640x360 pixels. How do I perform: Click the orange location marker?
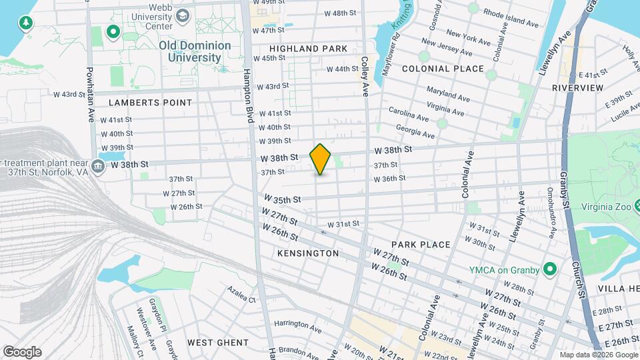320,159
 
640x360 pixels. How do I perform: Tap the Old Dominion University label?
195,51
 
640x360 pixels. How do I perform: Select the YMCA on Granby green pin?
550,269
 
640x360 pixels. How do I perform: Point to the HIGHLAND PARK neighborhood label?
309,49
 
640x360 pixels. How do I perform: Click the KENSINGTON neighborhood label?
308,253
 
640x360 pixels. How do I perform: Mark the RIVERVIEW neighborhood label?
577,88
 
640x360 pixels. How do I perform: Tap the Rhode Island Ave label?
511,18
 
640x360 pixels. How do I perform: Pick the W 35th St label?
283,199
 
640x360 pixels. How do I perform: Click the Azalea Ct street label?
241,295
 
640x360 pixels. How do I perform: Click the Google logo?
22,352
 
